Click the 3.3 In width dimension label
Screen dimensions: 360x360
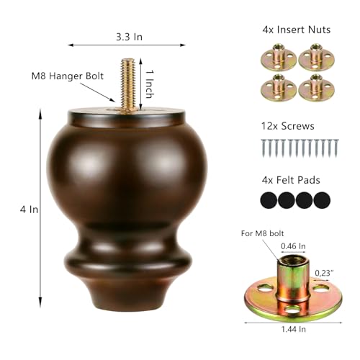(130, 37)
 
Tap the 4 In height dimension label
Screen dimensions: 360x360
(29, 210)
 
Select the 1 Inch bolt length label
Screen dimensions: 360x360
(150, 84)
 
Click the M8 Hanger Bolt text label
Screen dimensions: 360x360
(68, 76)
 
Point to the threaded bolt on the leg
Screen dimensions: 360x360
(128, 85)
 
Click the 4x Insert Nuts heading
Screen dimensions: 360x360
(297, 30)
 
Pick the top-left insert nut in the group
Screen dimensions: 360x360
(279, 58)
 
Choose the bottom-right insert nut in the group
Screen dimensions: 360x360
(317, 88)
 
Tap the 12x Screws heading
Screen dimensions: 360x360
(288, 126)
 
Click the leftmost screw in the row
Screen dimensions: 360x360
(264, 148)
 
